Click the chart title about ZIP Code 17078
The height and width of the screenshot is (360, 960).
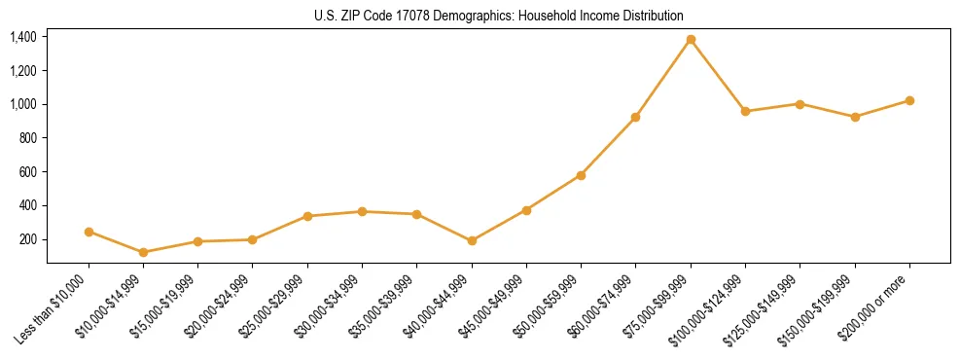[x=499, y=17]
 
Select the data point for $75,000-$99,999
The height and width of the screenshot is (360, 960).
[x=691, y=40]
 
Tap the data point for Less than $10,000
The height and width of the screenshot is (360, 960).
[x=89, y=232]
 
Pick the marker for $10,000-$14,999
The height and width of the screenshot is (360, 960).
[x=144, y=252]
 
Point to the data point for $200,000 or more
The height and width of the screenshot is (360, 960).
[x=909, y=100]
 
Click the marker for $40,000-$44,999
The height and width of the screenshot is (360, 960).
[x=472, y=240]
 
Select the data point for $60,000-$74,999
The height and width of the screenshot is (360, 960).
[x=635, y=117]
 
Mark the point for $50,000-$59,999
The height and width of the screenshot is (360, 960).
[x=581, y=175]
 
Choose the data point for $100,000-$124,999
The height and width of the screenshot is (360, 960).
[x=745, y=111]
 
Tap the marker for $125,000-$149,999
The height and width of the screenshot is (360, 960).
[x=800, y=103]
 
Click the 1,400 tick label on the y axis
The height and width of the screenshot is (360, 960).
[x=23, y=37]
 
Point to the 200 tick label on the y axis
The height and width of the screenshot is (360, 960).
[x=28, y=239]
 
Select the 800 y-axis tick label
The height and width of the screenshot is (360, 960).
[x=28, y=138]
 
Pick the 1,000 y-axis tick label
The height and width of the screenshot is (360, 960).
[x=23, y=104]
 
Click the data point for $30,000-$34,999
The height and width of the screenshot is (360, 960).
[x=362, y=211]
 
